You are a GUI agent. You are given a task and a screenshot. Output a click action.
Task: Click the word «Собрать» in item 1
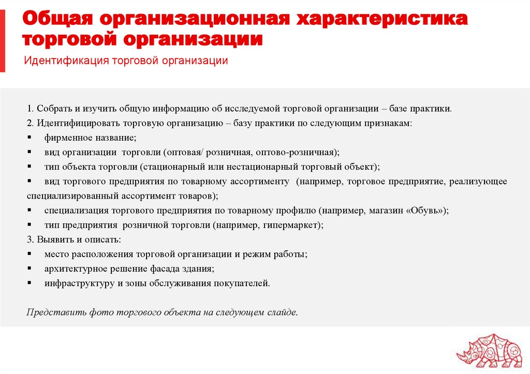51,109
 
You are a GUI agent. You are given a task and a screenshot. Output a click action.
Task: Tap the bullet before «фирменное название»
29,138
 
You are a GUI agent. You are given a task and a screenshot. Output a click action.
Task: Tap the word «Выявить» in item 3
53,240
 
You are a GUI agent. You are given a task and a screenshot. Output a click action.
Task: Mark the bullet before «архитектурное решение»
29,269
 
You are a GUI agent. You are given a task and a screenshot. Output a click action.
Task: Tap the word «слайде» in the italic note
284,312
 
